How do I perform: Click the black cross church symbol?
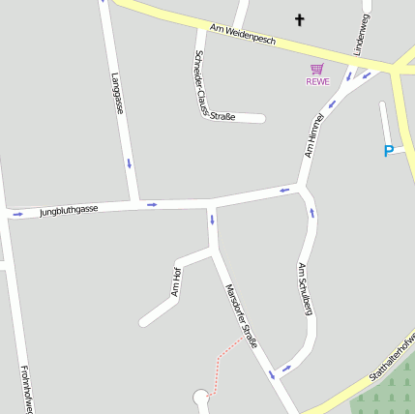point(299,19)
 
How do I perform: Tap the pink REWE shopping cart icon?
point(317,69)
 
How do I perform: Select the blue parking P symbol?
point(388,151)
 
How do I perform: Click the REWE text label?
point(317,81)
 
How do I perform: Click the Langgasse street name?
point(117,93)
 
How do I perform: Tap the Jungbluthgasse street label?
point(69,210)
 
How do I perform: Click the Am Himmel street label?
point(313,135)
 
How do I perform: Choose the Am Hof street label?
point(176,281)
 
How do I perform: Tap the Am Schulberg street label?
point(304,289)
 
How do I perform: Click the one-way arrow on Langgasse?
point(129,163)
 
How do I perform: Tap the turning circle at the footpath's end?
point(201,397)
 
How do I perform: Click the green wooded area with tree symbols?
point(387,391)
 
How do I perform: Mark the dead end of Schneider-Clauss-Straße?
point(261,119)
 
